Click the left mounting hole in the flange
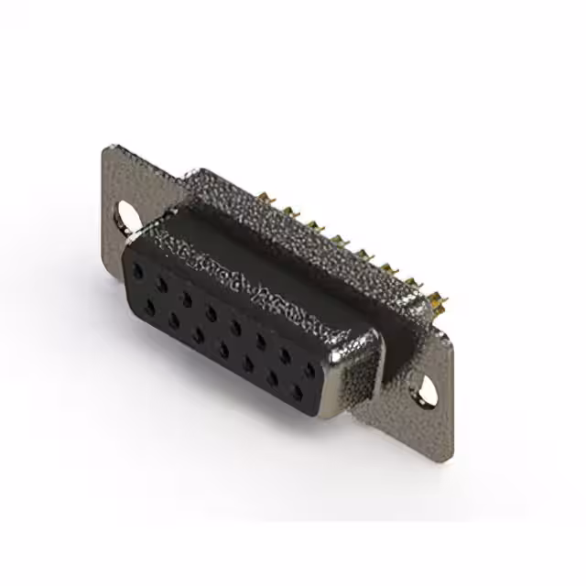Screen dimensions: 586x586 coord(128,215)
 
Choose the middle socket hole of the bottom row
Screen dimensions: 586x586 coord(222,349)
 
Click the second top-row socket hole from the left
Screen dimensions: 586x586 coord(162,285)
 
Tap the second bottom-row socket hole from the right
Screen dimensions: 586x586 coord(272,379)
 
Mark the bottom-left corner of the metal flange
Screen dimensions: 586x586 coord(100,222)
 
